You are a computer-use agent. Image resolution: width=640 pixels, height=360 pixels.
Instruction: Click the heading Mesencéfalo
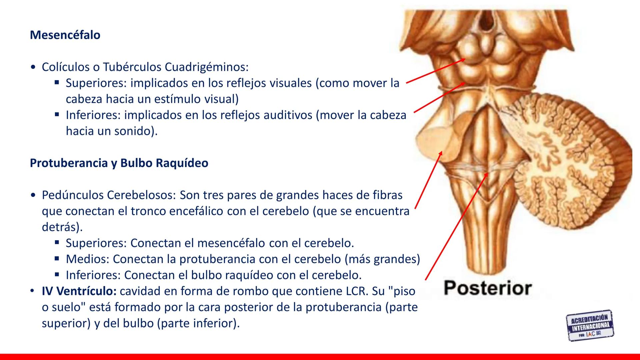tap(65, 35)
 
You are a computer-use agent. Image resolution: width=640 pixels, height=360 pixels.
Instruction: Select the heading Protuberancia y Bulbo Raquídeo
tap(119, 163)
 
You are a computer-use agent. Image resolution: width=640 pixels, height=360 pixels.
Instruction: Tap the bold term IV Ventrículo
tap(79, 291)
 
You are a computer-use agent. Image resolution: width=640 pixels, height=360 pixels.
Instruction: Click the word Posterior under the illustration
tap(488, 288)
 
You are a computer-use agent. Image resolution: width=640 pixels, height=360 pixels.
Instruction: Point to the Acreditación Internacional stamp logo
tap(590, 325)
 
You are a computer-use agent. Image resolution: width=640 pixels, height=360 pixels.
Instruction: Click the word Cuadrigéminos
tap(207, 67)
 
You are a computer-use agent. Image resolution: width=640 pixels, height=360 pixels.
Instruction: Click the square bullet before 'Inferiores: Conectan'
tap(57, 275)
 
